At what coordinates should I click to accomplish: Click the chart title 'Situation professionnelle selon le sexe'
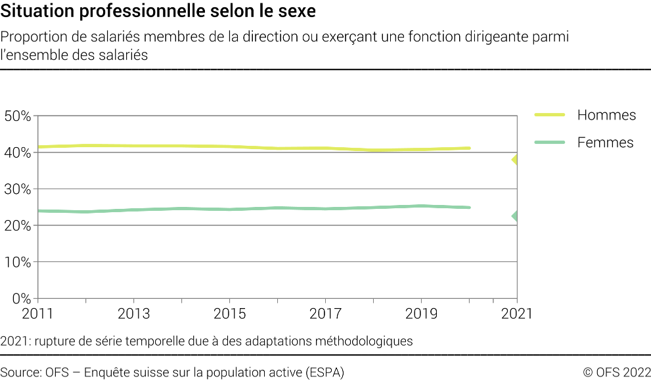click(158, 12)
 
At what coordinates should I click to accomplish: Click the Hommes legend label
click(606, 115)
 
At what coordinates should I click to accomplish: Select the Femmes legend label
click(605, 143)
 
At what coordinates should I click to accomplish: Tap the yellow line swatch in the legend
click(550, 115)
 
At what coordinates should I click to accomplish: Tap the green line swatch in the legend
click(550, 143)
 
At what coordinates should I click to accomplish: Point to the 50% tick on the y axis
click(18, 116)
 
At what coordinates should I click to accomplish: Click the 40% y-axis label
click(18, 152)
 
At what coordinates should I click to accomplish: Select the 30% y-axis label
click(18, 189)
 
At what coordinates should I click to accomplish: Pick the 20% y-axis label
click(18, 225)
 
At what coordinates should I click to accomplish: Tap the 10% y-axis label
click(18, 262)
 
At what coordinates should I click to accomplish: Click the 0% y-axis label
click(22, 298)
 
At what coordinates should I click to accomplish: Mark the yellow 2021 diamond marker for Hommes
click(515, 160)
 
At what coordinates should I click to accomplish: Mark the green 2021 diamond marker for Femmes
click(515, 216)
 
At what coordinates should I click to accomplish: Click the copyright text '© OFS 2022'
click(617, 372)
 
